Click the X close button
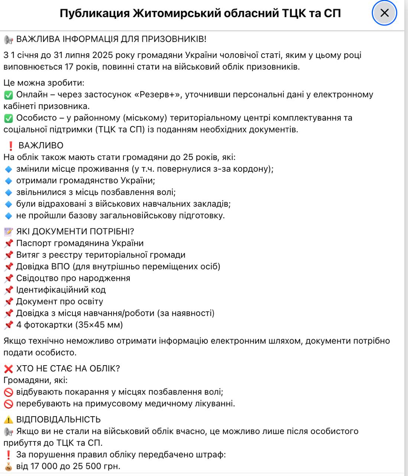384,13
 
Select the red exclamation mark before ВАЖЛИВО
11,145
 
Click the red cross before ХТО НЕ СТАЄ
8,369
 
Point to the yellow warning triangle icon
8,419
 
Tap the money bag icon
8,466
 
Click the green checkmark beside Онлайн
8,95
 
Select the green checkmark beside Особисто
8,118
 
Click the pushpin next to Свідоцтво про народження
8,279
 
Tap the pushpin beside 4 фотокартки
8,325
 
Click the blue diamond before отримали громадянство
8,181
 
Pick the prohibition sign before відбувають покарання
8,392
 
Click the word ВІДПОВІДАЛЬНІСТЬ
58,419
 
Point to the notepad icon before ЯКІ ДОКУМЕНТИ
8,232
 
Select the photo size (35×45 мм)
99,325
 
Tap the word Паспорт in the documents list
34,243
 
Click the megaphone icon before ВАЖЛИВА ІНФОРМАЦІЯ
8,39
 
